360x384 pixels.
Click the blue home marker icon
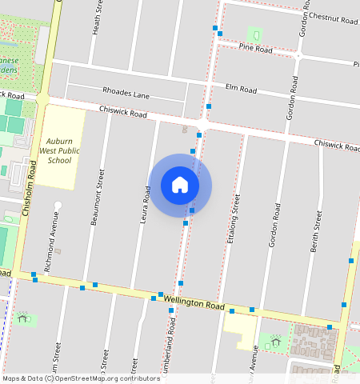pos(180,185)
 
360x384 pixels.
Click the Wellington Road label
pos(194,302)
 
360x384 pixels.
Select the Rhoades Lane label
pos(126,93)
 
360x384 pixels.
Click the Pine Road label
pos(256,50)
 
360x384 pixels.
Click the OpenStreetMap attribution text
pos(80,378)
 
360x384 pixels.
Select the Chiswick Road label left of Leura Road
pos(123,112)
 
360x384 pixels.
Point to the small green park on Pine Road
pos(255,35)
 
